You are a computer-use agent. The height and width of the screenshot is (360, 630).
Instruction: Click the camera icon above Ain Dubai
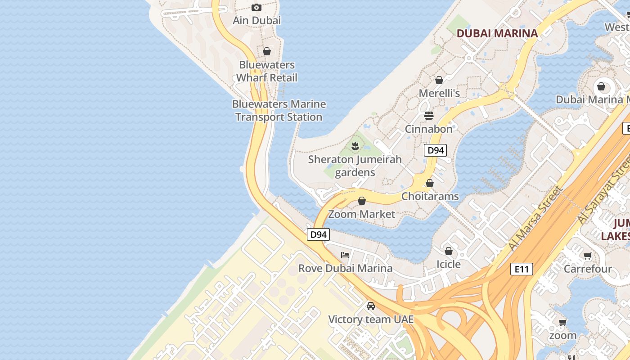pos(256,7)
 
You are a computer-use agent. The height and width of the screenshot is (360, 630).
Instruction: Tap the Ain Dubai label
pos(256,20)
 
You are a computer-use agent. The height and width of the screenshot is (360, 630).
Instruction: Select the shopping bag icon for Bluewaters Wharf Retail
pos(267,51)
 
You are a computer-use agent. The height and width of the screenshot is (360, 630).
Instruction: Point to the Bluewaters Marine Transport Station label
pos(279,110)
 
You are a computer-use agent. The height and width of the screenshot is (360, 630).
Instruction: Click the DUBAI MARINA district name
pos(497,33)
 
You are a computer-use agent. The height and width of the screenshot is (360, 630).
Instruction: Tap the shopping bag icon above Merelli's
pos(439,80)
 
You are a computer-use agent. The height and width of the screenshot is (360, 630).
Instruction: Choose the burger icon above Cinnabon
pos(429,116)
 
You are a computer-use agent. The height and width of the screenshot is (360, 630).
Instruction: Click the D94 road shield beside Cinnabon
pos(435,150)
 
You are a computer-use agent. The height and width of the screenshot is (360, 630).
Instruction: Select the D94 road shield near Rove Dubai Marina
pos(319,234)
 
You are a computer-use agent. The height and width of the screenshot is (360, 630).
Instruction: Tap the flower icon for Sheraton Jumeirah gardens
pos(355,146)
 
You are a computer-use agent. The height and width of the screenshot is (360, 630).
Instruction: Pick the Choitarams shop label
pos(430,196)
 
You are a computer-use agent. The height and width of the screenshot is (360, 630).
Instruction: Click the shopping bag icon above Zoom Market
pos(362,201)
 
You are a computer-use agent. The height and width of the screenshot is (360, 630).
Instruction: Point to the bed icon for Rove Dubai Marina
pos(345,255)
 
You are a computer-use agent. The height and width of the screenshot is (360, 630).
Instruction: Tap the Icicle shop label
pos(449,264)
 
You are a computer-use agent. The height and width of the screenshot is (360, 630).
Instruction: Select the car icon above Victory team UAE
pos(371,306)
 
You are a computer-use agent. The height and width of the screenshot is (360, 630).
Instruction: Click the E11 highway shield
pos(522,269)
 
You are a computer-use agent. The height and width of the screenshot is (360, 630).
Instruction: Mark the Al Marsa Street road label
pos(535,219)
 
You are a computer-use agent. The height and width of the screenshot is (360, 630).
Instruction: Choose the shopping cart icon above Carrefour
pos(587,256)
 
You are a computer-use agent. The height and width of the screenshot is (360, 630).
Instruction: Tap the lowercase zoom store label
pos(562,335)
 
